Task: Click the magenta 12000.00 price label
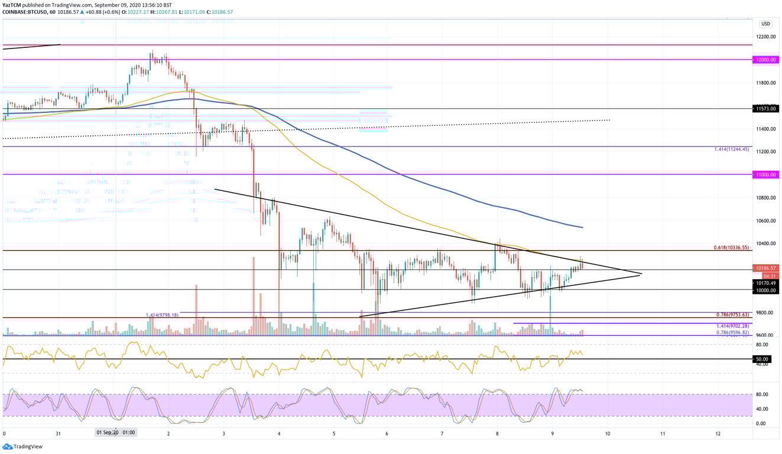point(765,60)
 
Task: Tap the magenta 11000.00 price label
point(765,175)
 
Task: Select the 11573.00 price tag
point(765,109)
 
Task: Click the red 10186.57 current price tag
point(765,268)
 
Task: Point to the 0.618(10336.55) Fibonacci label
point(731,248)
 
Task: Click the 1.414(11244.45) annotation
point(732,150)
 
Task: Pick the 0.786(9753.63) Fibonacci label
point(732,314)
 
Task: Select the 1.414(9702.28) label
point(732,326)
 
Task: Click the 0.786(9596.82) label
point(732,332)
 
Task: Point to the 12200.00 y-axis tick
point(765,37)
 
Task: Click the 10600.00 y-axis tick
point(765,221)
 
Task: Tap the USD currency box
point(765,24)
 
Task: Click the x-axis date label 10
point(608,433)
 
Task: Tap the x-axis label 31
point(58,433)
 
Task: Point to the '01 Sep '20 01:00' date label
point(115,432)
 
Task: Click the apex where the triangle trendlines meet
point(641,274)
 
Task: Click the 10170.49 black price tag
point(765,283)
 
